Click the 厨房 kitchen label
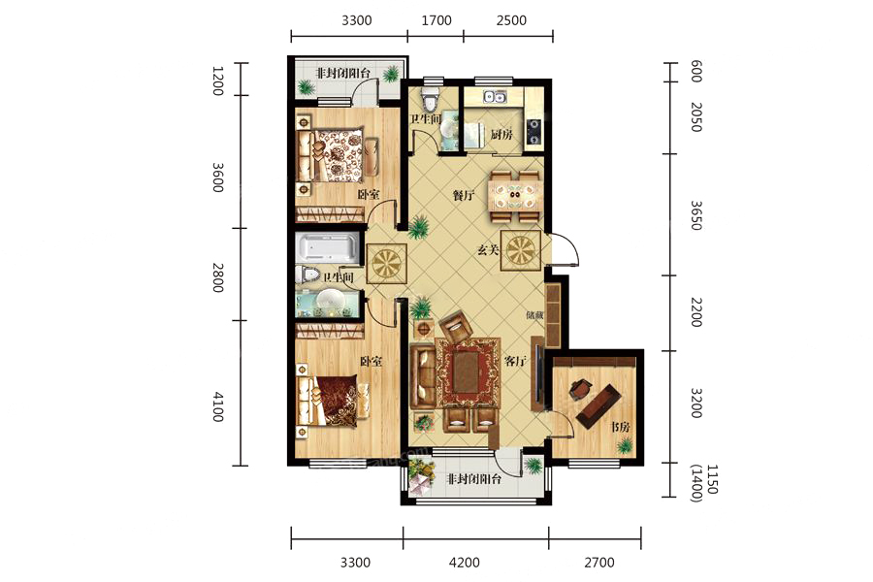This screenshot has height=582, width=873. point(501,134)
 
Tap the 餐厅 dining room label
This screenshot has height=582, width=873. point(464,196)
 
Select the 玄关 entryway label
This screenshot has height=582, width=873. point(488,250)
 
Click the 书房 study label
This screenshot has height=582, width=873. point(620,427)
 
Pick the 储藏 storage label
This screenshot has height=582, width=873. point(534,314)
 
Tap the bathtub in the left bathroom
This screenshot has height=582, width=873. point(327,248)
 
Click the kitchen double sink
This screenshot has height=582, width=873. point(495,97)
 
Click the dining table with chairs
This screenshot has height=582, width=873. point(514,196)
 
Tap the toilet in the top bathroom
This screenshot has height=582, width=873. point(430,99)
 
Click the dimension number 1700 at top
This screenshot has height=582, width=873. point(436,20)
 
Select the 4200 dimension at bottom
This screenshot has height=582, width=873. point(465,563)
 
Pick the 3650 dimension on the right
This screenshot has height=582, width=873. point(695,215)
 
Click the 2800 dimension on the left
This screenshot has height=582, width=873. point(217,277)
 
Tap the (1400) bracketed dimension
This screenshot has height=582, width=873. point(695,483)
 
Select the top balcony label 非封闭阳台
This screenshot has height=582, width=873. point(343,73)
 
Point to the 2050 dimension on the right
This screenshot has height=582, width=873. point(695,117)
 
